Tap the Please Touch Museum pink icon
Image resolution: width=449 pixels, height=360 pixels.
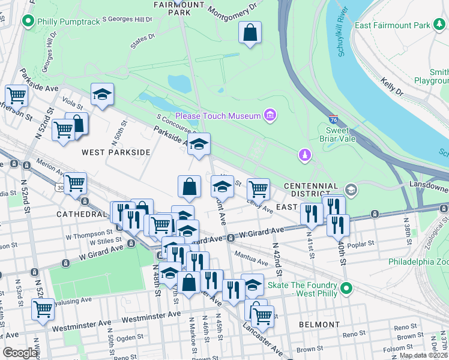coord(270,115)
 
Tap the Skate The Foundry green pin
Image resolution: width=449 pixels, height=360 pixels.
coord(345,289)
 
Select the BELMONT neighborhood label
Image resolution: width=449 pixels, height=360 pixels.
coord(319,325)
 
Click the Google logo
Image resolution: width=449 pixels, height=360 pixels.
coord(21,353)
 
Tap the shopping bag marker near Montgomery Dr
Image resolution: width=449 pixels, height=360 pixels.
coord(250,32)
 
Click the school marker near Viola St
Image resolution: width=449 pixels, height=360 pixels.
coord(103,94)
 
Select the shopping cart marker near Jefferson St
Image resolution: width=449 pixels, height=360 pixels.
coord(16,95)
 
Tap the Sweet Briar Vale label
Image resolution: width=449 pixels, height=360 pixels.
coord(341,134)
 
